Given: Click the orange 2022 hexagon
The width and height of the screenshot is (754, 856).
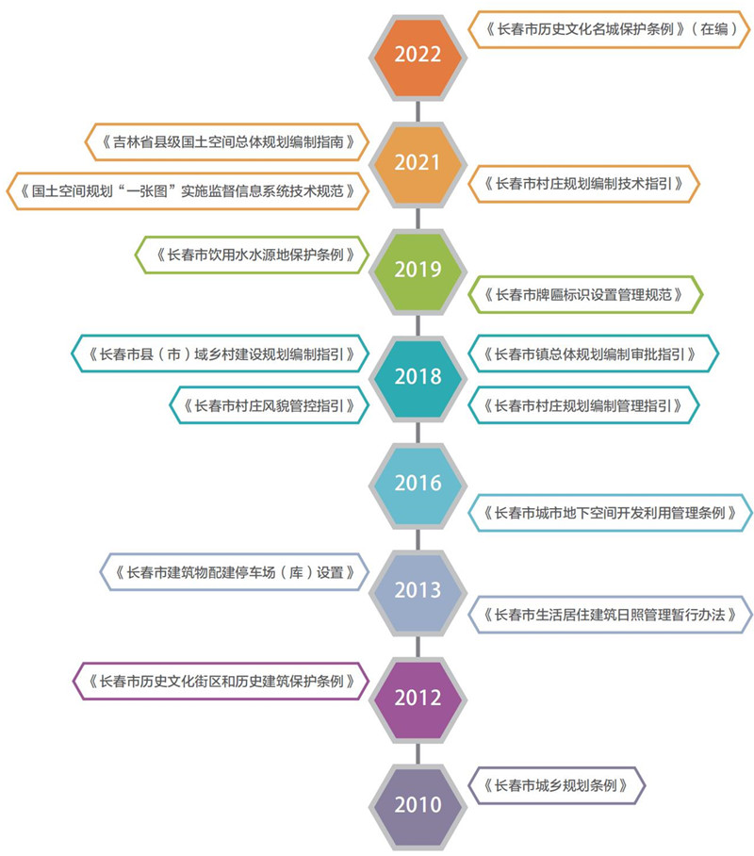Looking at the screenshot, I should (x=418, y=55).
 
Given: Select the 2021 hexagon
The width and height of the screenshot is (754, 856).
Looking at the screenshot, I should (x=418, y=162).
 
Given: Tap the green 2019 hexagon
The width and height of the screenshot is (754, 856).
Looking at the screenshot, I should (x=418, y=270).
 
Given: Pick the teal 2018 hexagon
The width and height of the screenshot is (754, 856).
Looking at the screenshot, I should (x=418, y=376).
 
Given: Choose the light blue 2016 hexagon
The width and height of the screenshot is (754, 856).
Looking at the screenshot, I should (x=418, y=484).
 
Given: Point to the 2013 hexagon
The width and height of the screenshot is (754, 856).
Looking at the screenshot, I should (x=418, y=591).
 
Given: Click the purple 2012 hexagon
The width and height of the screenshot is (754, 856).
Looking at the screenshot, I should (x=418, y=699).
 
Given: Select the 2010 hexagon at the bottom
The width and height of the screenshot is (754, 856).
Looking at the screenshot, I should (x=418, y=805).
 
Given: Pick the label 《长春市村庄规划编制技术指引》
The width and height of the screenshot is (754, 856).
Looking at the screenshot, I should (x=583, y=183).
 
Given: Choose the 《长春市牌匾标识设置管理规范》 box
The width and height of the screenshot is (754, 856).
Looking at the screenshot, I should (x=584, y=295).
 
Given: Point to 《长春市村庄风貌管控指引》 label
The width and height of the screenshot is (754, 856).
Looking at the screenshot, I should (x=268, y=406).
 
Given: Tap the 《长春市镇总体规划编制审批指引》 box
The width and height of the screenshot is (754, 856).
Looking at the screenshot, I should (x=593, y=354).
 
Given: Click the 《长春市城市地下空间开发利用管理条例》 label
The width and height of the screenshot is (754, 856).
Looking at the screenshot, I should (x=610, y=513).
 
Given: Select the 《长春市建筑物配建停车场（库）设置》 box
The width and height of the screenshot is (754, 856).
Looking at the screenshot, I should (x=233, y=572).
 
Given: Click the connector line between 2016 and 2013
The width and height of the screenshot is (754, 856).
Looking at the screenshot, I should (x=418, y=537).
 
